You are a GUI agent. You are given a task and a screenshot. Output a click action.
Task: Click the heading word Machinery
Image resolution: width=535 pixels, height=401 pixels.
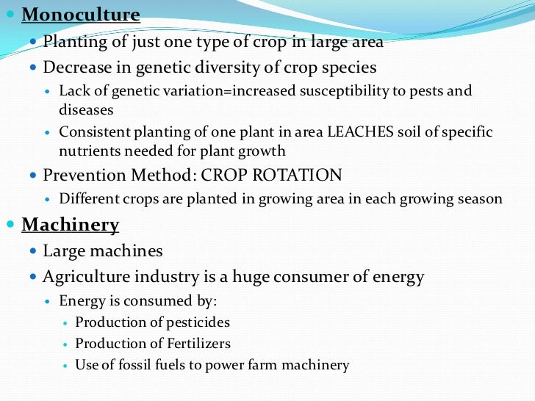tap(70, 224)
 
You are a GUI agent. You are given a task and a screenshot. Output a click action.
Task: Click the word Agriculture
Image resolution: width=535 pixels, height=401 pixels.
tap(90, 277)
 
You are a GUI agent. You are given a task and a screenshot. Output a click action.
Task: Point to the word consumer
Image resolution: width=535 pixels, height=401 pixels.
tap(332, 277)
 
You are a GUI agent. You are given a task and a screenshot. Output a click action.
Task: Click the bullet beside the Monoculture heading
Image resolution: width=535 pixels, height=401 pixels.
tap(10, 14)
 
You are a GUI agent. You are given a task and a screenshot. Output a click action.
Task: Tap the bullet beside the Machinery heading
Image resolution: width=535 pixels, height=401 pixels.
tap(10, 223)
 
